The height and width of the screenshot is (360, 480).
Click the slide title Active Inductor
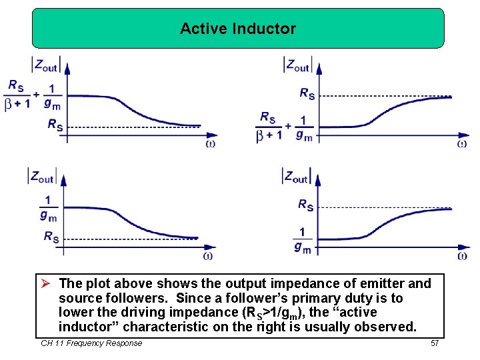click(238, 29)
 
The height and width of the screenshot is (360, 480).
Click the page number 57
click(434, 343)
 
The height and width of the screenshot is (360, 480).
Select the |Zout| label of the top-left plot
click(47, 65)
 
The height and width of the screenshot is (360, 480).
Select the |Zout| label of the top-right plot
click(297, 65)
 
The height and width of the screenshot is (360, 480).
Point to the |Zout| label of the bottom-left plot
click(41, 176)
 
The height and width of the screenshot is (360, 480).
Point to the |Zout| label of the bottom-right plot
click(297, 176)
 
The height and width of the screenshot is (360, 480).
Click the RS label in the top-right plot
click(307, 93)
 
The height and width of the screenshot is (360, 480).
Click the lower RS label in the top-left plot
click(55, 124)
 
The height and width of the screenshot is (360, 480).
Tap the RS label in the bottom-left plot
click(51, 236)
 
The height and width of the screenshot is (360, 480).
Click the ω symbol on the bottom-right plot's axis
click(463, 255)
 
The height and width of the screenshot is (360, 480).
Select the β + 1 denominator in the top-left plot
click(17, 105)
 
